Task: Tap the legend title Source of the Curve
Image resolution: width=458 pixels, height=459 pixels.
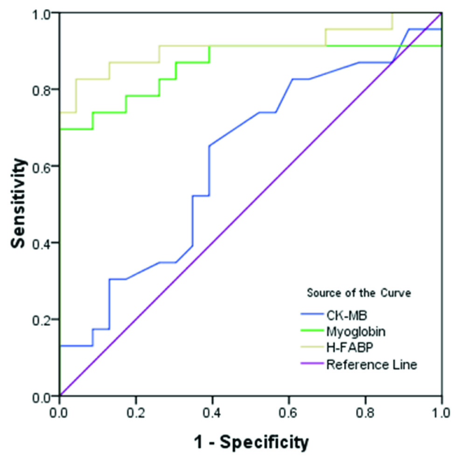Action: [361, 293]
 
